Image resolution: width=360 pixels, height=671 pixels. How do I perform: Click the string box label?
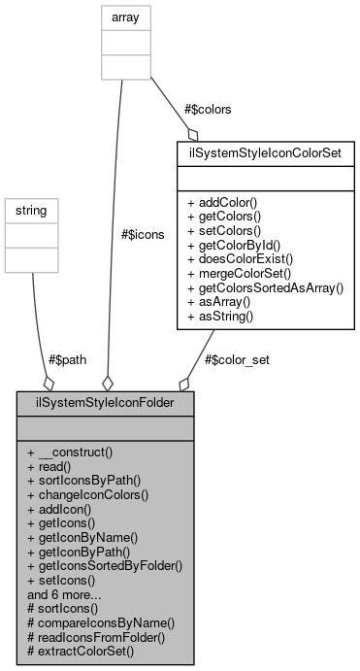[33, 209]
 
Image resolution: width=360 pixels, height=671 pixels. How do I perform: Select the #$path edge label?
[64, 358]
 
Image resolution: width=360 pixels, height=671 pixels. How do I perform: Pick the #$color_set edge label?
[237, 358]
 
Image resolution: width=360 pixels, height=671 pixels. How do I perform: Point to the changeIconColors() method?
[87, 493]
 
